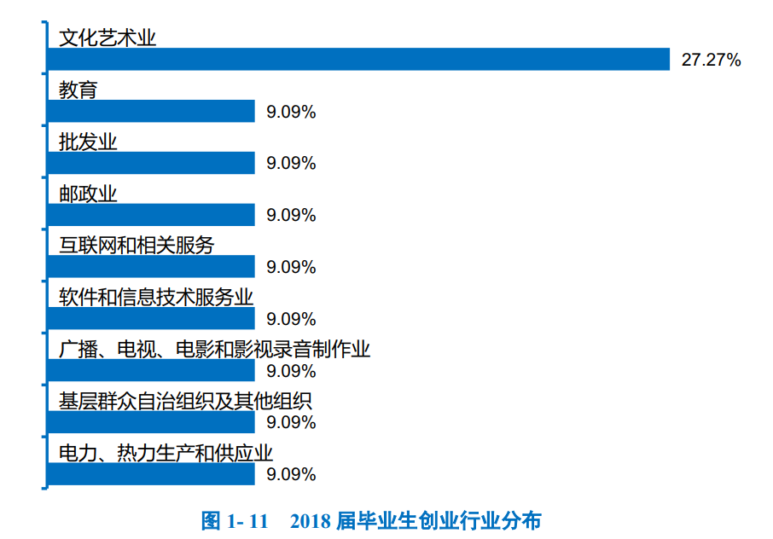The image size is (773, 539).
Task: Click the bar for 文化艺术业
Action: point(358,59)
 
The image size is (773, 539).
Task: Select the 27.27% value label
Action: point(711,60)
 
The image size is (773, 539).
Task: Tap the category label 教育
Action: point(78,90)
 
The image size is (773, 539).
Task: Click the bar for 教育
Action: point(151,111)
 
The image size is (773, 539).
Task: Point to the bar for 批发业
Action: point(151,163)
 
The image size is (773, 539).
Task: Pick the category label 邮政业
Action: point(88,194)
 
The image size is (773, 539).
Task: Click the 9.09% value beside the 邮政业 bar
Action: point(291,215)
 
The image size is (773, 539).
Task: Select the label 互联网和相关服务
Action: point(137,245)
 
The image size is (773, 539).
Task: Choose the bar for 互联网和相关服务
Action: point(151,267)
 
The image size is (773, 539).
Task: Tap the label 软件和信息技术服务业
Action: point(156,297)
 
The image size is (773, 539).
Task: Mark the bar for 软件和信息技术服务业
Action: point(151,319)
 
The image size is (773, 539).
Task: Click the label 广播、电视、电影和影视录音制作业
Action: point(214,349)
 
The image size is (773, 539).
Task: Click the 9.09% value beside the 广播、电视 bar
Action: point(291,371)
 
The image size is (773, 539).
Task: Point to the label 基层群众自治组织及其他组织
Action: point(185,401)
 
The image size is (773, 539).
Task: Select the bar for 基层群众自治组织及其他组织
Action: point(151,422)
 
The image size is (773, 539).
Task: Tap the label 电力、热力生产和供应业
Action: point(166,453)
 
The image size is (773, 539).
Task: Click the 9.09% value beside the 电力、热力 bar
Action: point(291,474)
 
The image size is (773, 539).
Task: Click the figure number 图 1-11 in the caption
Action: point(235,520)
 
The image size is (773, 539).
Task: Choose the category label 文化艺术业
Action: point(108,38)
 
